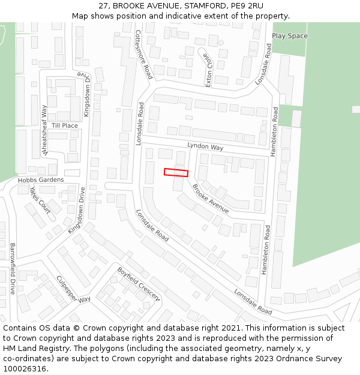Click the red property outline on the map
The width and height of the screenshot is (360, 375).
pos(176,172)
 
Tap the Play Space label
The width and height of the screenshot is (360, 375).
pos(290,36)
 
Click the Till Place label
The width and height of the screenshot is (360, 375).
pos(65,125)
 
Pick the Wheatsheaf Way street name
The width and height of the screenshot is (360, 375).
pos(44,130)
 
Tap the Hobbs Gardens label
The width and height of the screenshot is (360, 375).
pos(41,180)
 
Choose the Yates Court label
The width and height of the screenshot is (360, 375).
pos(40,199)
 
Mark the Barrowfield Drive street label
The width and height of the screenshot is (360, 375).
pos(12,268)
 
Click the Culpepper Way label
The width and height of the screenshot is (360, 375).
pos(73,289)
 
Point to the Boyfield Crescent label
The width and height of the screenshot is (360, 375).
pos(139,284)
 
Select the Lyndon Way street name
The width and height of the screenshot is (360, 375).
pos(205,147)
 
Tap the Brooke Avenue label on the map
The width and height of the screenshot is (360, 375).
pos(210,198)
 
